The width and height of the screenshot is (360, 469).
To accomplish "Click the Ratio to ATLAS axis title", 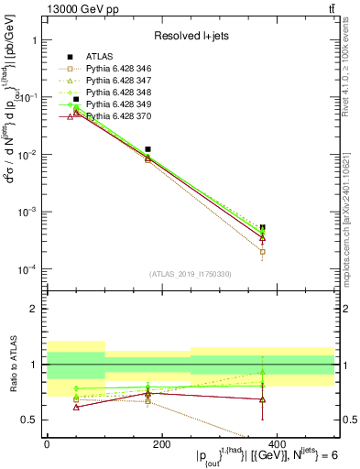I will click(10, 363).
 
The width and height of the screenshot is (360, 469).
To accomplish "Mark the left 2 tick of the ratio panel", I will click(32, 309).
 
